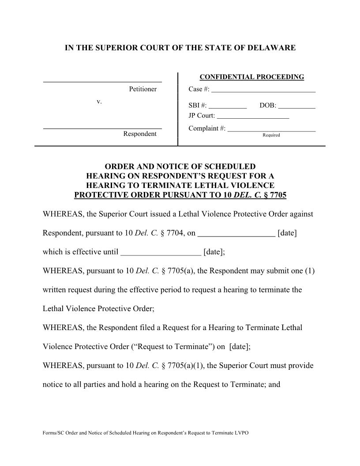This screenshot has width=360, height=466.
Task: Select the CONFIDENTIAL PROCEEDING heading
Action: [x=251, y=77]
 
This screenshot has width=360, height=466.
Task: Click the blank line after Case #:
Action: [x=263, y=90]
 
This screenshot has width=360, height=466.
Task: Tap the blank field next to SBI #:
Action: [x=227, y=106]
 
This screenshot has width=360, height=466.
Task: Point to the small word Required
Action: [x=271, y=135]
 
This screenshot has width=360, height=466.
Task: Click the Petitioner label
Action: [x=142, y=89]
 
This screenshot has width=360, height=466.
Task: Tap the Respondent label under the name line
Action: [x=139, y=134]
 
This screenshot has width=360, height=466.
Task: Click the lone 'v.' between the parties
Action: [x=99, y=101]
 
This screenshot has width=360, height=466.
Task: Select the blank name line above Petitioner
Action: [x=102, y=81]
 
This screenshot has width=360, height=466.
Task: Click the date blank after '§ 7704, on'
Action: [x=236, y=233]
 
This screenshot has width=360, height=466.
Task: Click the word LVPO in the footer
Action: [x=242, y=433]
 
